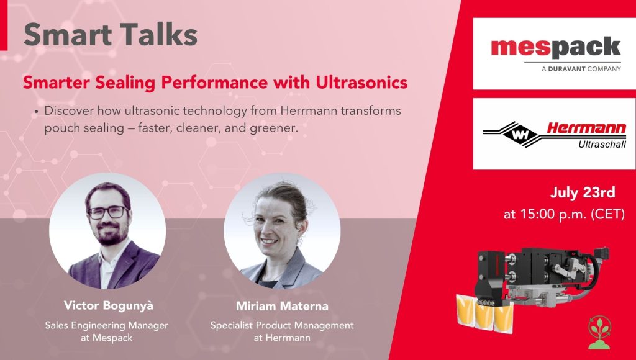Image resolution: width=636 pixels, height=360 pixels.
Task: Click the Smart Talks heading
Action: click(x=111, y=34)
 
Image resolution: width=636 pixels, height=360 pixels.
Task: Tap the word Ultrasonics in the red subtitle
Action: click(x=362, y=83)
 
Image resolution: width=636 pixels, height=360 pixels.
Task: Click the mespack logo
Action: click(x=556, y=48)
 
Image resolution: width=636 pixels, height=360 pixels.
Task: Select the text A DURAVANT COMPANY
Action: click(x=581, y=69)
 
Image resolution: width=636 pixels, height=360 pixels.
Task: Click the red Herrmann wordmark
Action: click(x=586, y=128)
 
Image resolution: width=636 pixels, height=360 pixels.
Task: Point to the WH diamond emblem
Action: click(x=520, y=134)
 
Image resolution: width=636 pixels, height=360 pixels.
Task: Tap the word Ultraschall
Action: click(x=602, y=144)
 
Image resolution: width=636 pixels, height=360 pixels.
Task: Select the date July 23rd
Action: click(x=583, y=192)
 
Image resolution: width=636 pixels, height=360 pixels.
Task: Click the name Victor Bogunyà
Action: click(x=109, y=305)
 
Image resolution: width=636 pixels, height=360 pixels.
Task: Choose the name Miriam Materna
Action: click(x=282, y=306)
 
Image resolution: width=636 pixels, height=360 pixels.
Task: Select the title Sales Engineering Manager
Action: click(x=106, y=325)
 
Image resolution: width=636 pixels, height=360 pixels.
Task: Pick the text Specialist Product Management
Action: click(x=282, y=325)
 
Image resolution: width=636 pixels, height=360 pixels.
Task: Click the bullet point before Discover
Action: click(x=37, y=112)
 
